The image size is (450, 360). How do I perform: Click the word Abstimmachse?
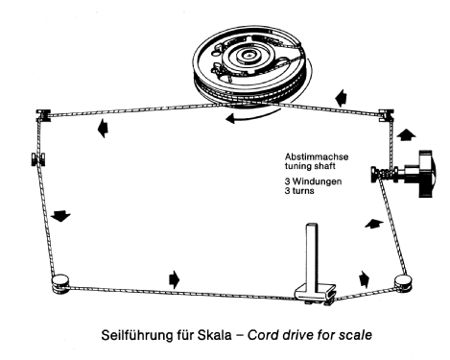pos(317,156)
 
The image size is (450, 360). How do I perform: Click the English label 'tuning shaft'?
pos(310,166)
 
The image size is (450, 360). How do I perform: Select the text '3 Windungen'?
pos(313,181)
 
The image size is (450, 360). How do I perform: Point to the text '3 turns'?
pos(299,191)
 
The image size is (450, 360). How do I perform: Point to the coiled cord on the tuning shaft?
pos(385,175)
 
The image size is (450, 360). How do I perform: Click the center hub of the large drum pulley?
pos(249,56)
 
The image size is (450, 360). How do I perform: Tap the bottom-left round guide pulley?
pos(60,283)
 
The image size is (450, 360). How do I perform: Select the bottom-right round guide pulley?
pos(403,282)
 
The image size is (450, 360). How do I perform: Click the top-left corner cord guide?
pos(43,115)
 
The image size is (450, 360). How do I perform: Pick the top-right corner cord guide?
pos(387,115)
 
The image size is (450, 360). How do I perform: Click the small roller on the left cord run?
pos(38,159)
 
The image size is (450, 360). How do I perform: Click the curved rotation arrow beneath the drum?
pos(252,117)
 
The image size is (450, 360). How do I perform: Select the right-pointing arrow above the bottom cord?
pos(174,279)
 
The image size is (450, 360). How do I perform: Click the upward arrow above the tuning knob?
pos(406,134)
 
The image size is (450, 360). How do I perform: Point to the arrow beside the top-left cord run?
pos(103,129)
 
